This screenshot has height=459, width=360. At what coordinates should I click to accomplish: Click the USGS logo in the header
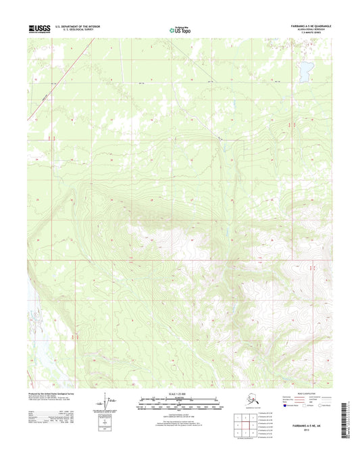point(39,29)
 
